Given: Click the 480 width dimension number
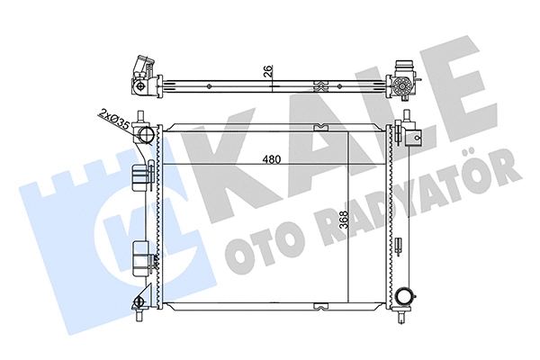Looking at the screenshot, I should point(270,160).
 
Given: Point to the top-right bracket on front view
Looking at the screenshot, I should point(410,131).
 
